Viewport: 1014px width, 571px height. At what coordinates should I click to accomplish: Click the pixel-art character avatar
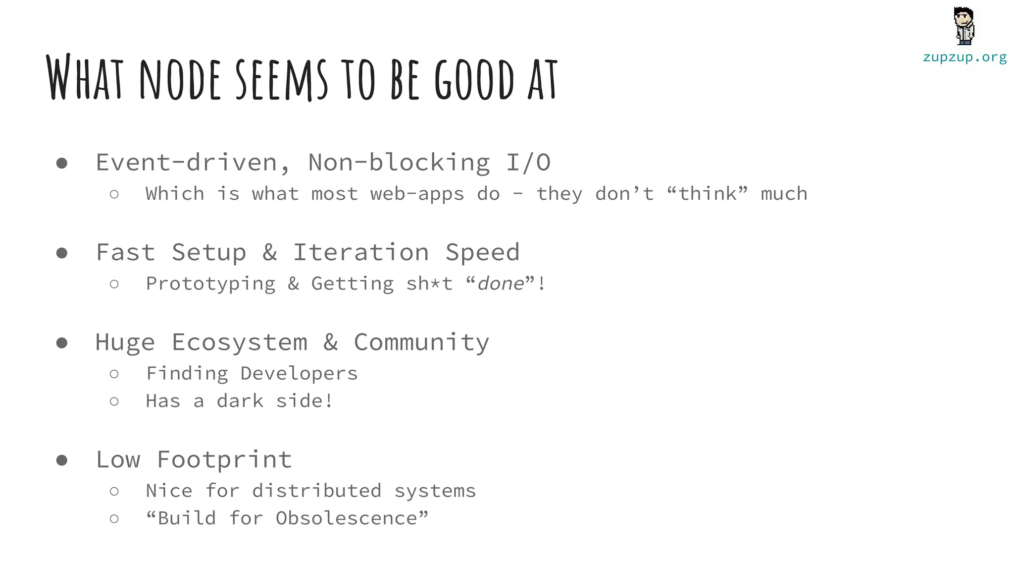pyautogui.click(x=964, y=26)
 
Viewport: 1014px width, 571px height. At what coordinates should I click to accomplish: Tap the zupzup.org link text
pyautogui.click(x=964, y=57)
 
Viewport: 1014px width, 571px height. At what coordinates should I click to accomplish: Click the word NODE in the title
pyautogui.click(x=180, y=79)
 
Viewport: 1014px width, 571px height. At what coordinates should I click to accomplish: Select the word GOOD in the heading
pyautogui.click(x=475, y=79)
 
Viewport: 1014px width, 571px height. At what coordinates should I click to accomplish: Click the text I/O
pyautogui.click(x=528, y=163)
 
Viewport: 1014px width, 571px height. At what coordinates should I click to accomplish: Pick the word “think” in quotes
pyautogui.click(x=708, y=194)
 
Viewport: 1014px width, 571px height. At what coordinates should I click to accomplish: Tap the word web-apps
pyautogui.click(x=417, y=194)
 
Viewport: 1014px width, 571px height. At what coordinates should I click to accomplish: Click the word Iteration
pyautogui.click(x=361, y=252)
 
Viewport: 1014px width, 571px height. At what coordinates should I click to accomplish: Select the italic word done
pyautogui.click(x=501, y=284)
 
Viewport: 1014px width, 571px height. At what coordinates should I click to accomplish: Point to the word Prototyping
pyautogui.click(x=210, y=284)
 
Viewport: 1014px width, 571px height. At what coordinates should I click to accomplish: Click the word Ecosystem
pyautogui.click(x=240, y=343)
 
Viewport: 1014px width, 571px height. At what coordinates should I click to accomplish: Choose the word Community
pyautogui.click(x=421, y=343)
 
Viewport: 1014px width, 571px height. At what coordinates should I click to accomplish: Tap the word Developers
pyautogui.click(x=299, y=374)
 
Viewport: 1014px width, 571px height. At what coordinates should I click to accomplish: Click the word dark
pyautogui.click(x=240, y=401)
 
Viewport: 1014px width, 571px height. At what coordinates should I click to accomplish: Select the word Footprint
pyautogui.click(x=224, y=459)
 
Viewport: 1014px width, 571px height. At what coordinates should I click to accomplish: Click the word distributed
pyautogui.click(x=317, y=491)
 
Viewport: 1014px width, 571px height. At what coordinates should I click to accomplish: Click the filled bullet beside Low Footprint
pyautogui.click(x=62, y=460)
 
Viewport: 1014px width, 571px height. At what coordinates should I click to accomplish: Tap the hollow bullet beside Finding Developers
pyautogui.click(x=114, y=374)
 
